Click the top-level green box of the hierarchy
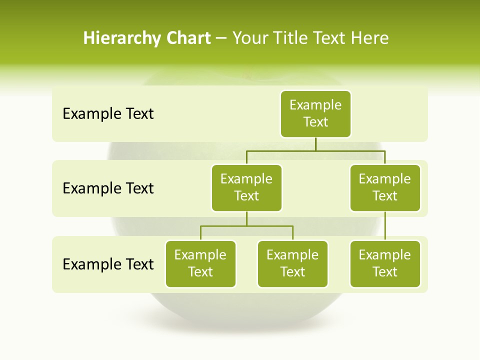[x=315, y=113]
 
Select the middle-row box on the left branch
[x=246, y=187]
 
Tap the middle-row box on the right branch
[x=385, y=187]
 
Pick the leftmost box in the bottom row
[x=200, y=263]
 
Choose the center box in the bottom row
[x=292, y=263]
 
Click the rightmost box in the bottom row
[x=385, y=263]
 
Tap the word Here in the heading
[x=369, y=38]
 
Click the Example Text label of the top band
[x=108, y=114]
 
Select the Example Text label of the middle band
[x=108, y=188]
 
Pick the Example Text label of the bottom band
[x=108, y=264]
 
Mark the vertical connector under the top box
[x=315, y=144]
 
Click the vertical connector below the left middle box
[x=246, y=218]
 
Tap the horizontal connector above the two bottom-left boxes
[x=246, y=226]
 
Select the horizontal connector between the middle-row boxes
[x=315, y=150]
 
